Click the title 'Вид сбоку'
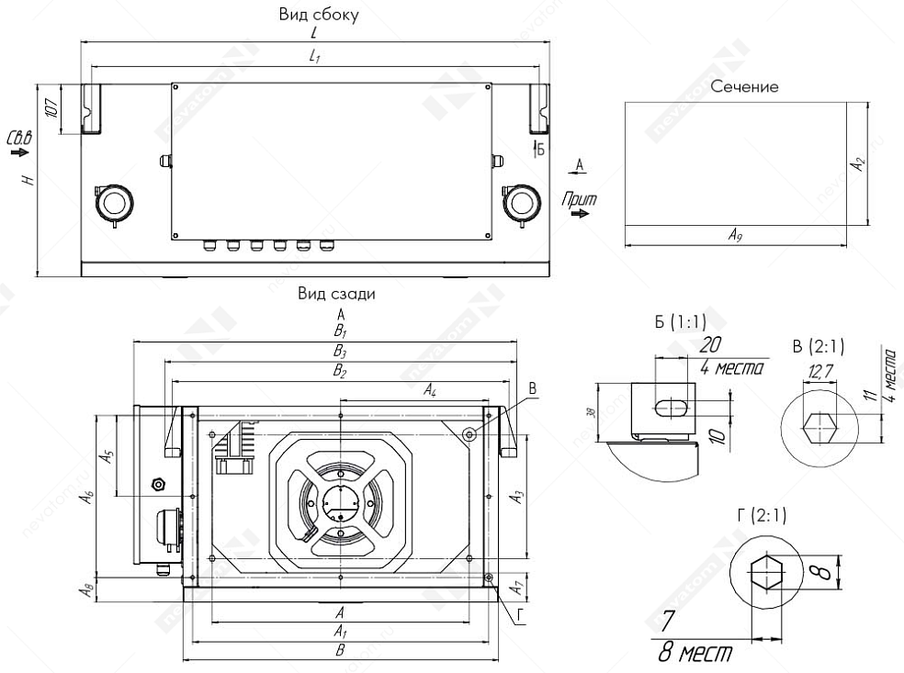(318, 16)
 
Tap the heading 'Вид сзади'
(336, 294)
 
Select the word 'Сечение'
(744, 86)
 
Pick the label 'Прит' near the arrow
(580, 198)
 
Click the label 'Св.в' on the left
(18, 138)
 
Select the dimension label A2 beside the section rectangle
(858, 164)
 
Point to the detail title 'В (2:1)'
(818, 346)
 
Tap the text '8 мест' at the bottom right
(695, 653)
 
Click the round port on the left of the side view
(114, 202)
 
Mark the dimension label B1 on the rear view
(340, 331)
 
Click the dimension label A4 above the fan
(429, 391)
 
